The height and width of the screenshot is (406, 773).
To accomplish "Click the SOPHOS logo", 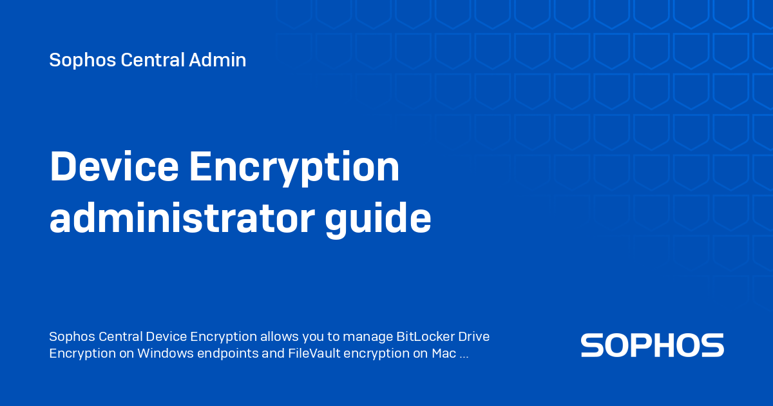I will click(652, 345).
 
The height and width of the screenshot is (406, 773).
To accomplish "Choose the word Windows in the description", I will click(164, 353).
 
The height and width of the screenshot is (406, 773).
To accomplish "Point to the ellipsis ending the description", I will click(464, 354).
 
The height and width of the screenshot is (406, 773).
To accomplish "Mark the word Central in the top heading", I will click(153, 61).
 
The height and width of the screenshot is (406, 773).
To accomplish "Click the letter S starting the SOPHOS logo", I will click(592, 345).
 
